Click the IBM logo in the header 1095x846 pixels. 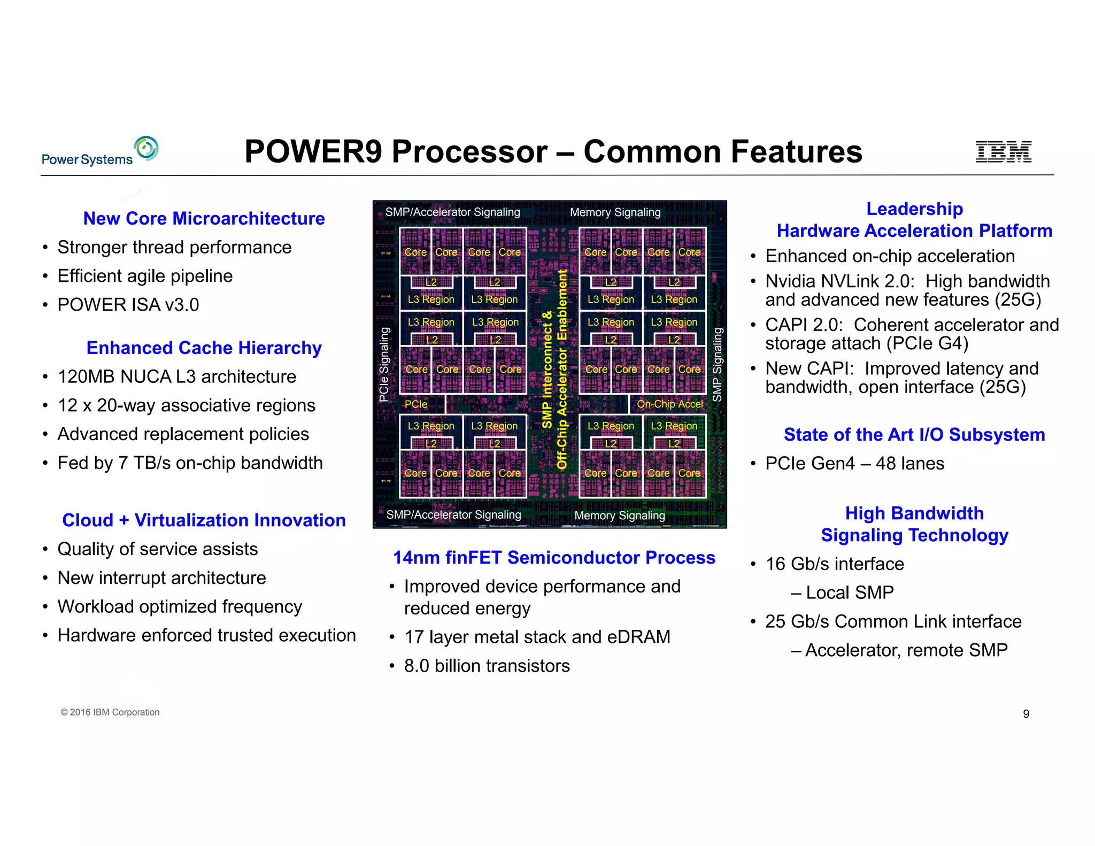[x=1003, y=151]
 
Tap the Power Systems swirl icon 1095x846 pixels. [x=146, y=148]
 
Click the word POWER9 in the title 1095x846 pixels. [x=315, y=151]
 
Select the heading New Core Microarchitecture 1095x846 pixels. [x=204, y=218]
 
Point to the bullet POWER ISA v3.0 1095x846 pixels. [x=128, y=304]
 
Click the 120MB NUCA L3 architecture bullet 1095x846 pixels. [x=176, y=376]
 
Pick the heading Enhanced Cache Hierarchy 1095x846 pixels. [x=204, y=348]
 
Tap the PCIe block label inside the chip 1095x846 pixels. [x=415, y=404]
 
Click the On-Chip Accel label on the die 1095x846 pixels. [x=669, y=404]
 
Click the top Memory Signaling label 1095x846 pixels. [x=615, y=212]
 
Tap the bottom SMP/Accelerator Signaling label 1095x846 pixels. [x=453, y=514]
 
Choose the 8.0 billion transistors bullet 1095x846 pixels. [x=487, y=666]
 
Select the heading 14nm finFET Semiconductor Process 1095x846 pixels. [x=554, y=557]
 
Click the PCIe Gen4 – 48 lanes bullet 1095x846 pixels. [x=854, y=463]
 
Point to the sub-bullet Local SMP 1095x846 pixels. [x=849, y=593]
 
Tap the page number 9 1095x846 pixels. [x=1025, y=714]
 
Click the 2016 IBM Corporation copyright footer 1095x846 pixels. [x=110, y=712]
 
